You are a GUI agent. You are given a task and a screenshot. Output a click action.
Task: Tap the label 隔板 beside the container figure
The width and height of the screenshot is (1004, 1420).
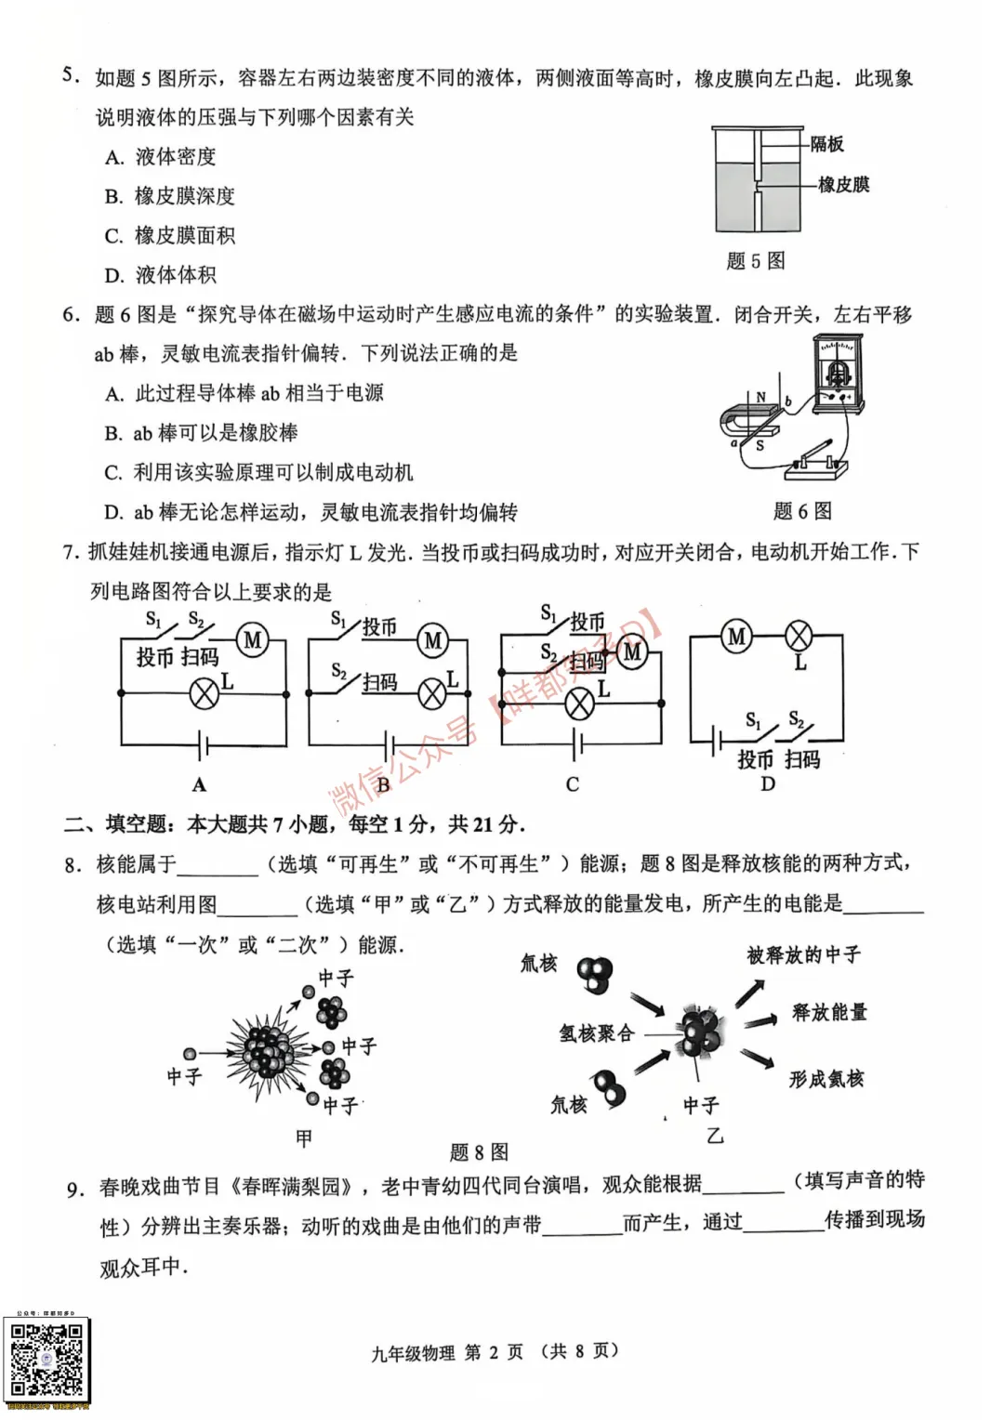point(826,144)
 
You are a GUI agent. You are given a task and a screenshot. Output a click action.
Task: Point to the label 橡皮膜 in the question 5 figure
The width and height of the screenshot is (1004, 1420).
point(843,185)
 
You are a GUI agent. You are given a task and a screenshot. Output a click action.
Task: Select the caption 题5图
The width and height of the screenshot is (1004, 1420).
point(755,261)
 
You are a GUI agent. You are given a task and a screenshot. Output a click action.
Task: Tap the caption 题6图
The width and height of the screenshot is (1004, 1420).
point(802,511)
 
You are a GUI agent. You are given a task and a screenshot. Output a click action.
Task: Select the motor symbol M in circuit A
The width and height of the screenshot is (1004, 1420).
point(253,639)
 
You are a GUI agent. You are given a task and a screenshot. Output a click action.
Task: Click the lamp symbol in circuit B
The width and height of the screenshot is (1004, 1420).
point(432,693)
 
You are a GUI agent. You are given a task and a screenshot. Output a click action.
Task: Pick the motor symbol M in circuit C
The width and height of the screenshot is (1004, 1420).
point(632,651)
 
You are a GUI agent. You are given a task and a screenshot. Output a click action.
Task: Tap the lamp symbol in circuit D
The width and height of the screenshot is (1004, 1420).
point(799,637)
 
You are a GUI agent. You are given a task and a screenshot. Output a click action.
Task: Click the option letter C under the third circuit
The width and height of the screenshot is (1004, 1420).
point(573,784)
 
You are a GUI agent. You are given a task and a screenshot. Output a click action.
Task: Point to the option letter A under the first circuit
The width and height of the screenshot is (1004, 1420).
point(199,785)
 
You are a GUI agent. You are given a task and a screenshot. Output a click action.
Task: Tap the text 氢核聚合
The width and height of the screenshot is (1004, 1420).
point(596,1033)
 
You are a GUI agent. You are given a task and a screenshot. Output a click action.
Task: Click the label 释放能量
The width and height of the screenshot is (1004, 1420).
point(829,1012)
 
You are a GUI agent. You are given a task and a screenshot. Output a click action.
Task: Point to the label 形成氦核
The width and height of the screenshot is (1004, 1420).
point(826,1079)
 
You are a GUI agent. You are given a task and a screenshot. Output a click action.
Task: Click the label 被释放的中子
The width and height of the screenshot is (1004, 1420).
point(803,955)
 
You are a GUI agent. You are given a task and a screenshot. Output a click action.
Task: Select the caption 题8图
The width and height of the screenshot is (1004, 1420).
point(480,1152)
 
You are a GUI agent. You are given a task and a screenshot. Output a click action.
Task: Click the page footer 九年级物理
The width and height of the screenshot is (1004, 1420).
point(414,1353)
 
